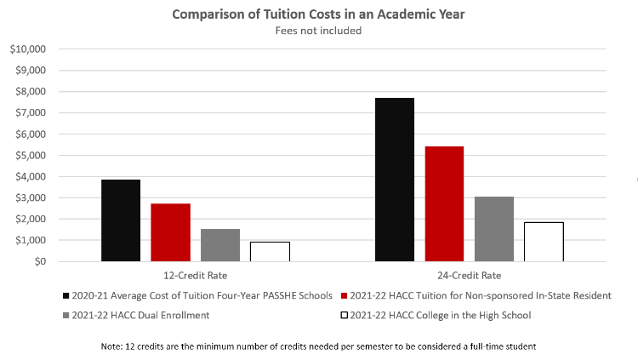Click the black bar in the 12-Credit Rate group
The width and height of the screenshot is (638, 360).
(x=120, y=220)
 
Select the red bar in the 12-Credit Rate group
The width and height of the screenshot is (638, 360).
(x=170, y=232)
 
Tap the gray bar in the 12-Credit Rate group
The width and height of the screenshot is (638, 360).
(x=220, y=245)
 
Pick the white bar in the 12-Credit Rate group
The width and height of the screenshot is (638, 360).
(x=270, y=252)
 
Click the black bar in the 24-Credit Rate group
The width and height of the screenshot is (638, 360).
(x=394, y=180)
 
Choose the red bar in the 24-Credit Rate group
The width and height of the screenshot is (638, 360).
(x=444, y=204)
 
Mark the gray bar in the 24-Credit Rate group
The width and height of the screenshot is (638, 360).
(x=494, y=229)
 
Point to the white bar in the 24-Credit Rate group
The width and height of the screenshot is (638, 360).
(x=544, y=242)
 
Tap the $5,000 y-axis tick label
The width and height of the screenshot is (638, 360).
(x=29, y=156)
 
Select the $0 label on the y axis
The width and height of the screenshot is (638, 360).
(x=38, y=261)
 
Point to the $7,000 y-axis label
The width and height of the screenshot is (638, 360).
(x=29, y=113)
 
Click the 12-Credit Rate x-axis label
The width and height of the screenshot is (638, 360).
(x=195, y=276)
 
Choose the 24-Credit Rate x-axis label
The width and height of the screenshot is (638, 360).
(x=469, y=276)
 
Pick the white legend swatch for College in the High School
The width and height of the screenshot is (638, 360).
(x=344, y=316)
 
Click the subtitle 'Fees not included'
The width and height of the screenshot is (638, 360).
(x=318, y=31)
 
